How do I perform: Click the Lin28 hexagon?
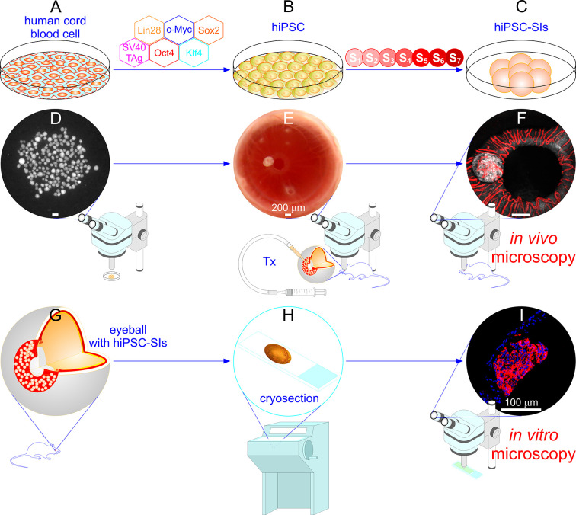coord(149,28)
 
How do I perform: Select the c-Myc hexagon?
coord(178,28)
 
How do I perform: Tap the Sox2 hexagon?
coord(208,28)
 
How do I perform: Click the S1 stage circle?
coord(354,57)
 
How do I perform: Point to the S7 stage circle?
coord(455,57)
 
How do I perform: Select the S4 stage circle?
coord(405,57)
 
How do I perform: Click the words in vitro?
coord(527,437)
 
